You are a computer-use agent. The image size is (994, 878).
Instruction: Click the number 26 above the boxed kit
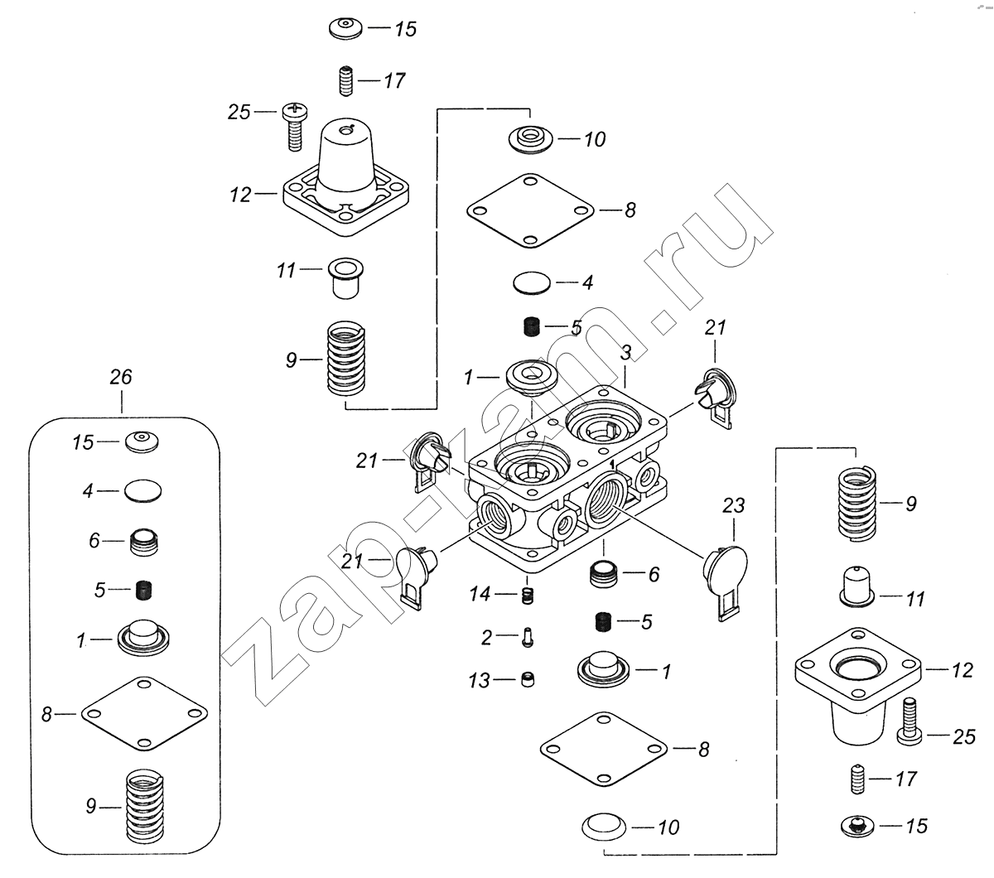[121, 378]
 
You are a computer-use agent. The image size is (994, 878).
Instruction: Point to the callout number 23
[735, 505]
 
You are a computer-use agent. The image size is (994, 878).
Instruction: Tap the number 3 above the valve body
[626, 353]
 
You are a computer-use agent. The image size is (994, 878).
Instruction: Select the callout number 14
[480, 594]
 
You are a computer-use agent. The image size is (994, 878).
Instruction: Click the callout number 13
[480, 681]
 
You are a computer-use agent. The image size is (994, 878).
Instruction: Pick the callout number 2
[487, 637]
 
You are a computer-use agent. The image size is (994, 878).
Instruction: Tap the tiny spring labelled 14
[526, 595]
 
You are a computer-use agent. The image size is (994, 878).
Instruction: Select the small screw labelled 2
[528, 637]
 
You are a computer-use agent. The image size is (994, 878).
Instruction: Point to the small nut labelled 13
[527, 680]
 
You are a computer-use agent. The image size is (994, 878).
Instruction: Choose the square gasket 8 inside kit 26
[145, 712]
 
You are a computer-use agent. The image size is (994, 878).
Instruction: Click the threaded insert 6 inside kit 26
[145, 543]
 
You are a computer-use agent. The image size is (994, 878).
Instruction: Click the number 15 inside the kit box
[83, 442]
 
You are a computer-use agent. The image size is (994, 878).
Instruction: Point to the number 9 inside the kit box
[91, 806]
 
